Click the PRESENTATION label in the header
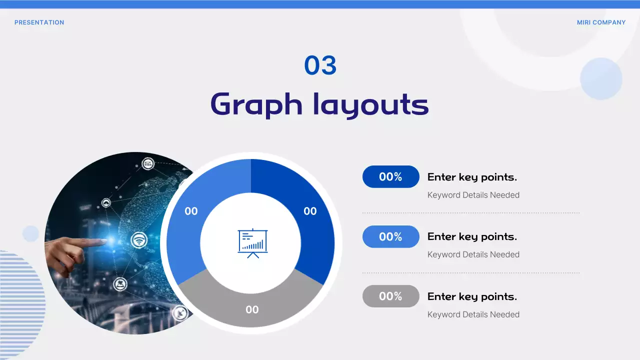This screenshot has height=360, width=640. [x=39, y=22]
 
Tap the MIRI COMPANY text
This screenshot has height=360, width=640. [x=601, y=22]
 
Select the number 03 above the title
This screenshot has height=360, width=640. [x=320, y=65]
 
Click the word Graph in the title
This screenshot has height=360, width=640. [x=256, y=105]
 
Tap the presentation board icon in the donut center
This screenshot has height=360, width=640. [x=252, y=243]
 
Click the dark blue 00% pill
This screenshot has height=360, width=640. [x=390, y=176]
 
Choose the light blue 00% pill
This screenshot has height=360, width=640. [x=390, y=236]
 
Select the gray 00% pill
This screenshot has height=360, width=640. [x=390, y=296]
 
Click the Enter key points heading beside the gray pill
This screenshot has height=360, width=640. [x=472, y=296]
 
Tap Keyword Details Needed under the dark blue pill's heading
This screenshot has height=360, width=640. [x=473, y=195]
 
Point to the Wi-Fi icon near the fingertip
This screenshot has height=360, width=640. [x=139, y=240]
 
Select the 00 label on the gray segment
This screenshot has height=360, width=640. [x=252, y=310]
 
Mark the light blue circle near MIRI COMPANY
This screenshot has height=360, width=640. [x=601, y=78]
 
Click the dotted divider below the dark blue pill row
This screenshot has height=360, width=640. [x=470, y=213]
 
